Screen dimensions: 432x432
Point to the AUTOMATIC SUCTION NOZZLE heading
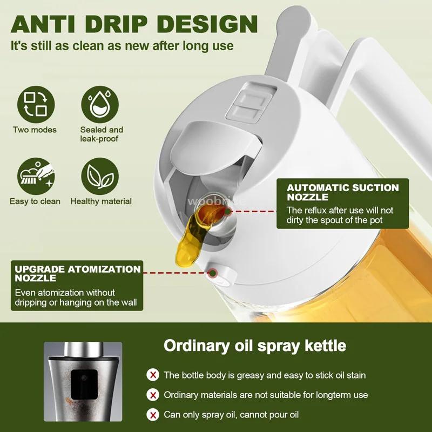click(x=342, y=193)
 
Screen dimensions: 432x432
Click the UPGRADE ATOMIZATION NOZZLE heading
click(x=78, y=273)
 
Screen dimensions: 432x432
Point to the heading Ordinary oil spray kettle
click(x=254, y=345)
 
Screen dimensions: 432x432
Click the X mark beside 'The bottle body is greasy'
click(x=153, y=375)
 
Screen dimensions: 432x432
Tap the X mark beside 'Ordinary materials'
click(x=153, y=395)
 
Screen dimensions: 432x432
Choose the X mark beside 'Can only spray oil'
click(x=153, y=415)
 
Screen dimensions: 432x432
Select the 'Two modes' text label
click(x=35, y=130)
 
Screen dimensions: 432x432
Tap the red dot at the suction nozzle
click(x=227, y=212)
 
